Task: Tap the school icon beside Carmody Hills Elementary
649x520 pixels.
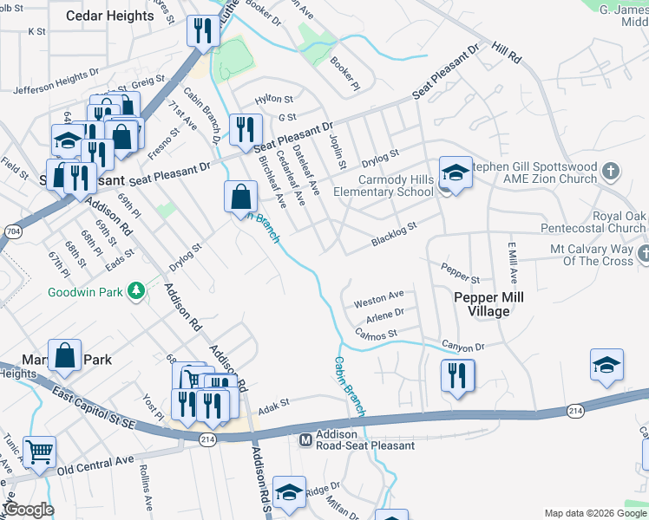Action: coord(455,172)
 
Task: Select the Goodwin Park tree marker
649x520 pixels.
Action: coord(135,291)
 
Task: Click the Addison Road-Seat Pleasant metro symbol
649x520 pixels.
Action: coord(305,439)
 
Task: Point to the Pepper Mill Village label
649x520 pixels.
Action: coord(488,303)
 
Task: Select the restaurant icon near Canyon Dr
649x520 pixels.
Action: coord(456,375)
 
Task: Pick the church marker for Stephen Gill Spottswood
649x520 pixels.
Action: coord(611,171)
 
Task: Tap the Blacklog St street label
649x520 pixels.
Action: coord(394,231)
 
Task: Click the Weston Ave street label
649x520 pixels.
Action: coord(379,299)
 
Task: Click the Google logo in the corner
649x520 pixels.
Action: coord(28,510)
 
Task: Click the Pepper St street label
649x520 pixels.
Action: coord(461,274)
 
